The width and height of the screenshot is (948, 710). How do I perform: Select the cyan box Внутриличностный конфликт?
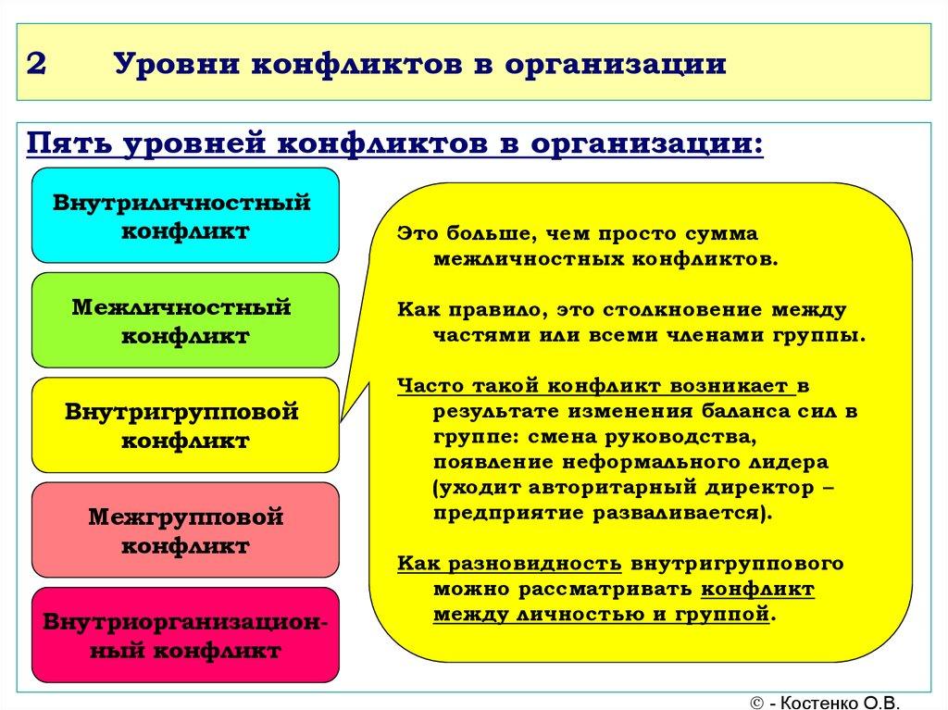click(x=185, y=215)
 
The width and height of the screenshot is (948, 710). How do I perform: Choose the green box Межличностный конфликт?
click(x=185, y=320)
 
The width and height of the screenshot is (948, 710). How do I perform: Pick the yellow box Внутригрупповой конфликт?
click(x=185, y=425)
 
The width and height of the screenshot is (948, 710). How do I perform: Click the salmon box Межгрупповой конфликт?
click(x=185, y=530)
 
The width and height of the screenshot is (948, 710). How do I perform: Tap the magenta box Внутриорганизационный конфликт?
click(x=185, y=635)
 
